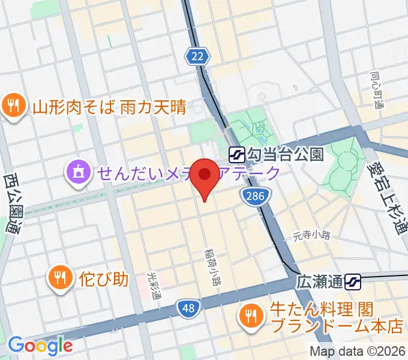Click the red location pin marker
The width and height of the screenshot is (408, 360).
(206, 176)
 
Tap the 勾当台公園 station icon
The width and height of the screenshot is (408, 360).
(236, 155)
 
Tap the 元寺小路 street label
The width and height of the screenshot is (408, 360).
(313, 235)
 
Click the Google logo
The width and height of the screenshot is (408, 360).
(40, 345)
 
